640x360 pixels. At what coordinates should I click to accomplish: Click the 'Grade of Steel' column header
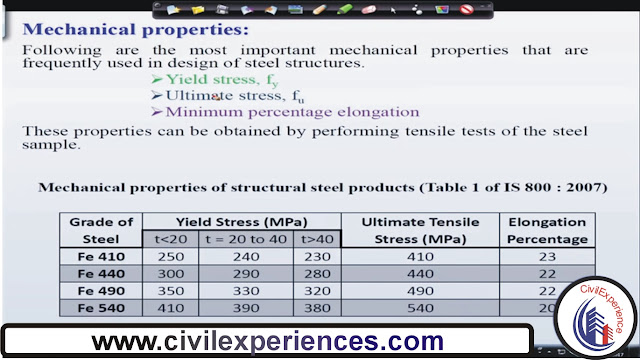click(x=100, y=230)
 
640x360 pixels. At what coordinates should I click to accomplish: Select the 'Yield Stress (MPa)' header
click(x=241, y=221)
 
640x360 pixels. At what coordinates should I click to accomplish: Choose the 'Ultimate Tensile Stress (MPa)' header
click(x=419, y=230)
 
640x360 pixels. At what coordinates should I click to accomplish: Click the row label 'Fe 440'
click(x=100, y=272)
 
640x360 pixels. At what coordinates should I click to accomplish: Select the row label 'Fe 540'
click(x=100, y=307)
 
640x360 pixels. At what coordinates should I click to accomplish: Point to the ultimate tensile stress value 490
click(x=419, y=290)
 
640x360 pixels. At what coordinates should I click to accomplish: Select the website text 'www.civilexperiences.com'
click(x=267, y=342)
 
